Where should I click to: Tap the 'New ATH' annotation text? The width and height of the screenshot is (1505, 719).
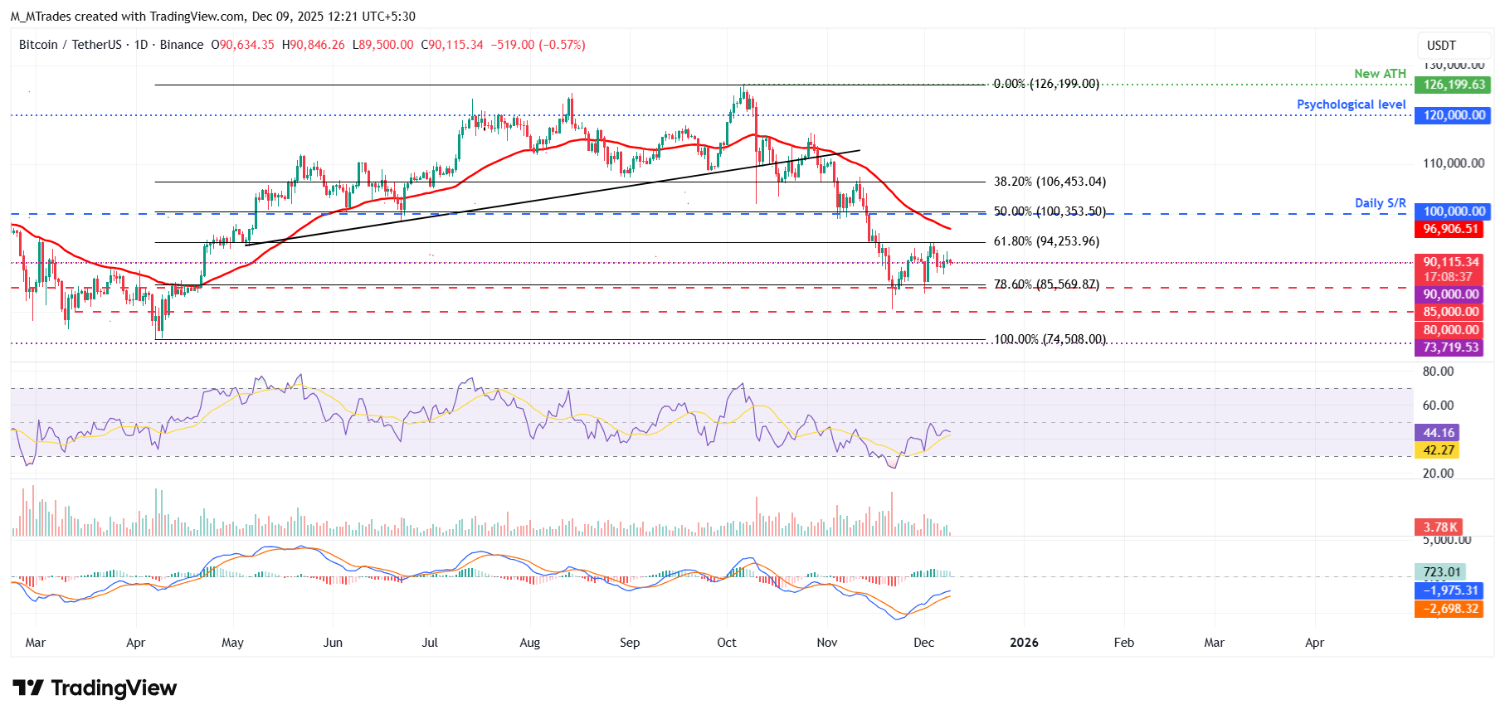(1380, 74)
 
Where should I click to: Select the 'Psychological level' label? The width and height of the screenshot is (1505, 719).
(1351, 104)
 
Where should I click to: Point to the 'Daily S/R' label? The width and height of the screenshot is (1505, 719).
(1380, 203)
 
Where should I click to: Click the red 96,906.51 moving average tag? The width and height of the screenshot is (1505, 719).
(1450, 229)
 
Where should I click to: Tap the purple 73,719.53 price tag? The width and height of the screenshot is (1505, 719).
(1450, 347)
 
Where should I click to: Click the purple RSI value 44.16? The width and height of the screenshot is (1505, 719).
(1439, 433)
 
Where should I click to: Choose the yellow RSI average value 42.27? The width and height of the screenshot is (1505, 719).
(1439, 450)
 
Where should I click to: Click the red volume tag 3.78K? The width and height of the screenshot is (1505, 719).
(1439, 527)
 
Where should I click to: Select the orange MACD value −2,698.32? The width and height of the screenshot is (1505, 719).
(1450, 609)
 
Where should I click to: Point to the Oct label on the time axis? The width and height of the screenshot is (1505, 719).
(726, 643)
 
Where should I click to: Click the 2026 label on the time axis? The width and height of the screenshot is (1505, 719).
(1024, 643)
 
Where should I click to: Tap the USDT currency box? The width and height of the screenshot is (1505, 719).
(1441, 46)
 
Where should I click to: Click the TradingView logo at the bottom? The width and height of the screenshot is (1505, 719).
(95, 688)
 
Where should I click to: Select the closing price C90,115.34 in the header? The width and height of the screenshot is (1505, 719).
(452, 45)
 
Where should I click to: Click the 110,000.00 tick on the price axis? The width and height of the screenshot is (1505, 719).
(1453, 163)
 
